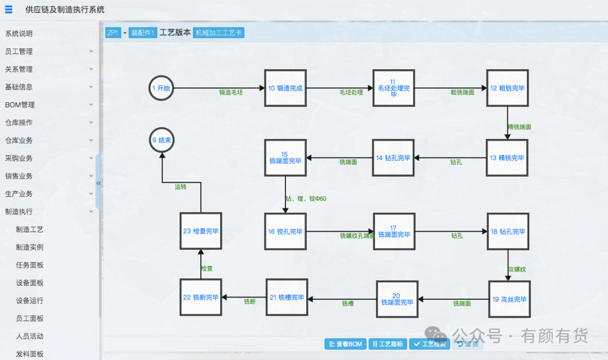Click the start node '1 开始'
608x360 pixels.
(162, 88)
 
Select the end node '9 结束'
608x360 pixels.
(162, 141)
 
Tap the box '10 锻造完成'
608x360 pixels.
(285, 88)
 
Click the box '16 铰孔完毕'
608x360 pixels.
(285, 232)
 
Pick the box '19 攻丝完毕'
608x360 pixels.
(509, 299)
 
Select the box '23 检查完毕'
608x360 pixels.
(201, 231)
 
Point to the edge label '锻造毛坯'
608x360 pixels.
(231, 92)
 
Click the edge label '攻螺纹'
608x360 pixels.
(517, 269)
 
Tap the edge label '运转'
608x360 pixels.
(180, 187)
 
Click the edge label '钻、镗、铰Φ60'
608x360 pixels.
(306, 199)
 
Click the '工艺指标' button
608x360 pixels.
(387, 344)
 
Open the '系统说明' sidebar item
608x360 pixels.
(19, 34)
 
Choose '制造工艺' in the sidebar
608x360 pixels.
(30, 229)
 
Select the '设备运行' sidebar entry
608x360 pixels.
(30, 301)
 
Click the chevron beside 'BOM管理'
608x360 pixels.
(91, 105)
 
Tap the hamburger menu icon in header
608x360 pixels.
(8, 10)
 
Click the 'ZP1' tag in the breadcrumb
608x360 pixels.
(113, 33)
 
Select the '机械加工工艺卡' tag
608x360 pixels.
(218, 33)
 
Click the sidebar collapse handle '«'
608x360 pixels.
(99, 183)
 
